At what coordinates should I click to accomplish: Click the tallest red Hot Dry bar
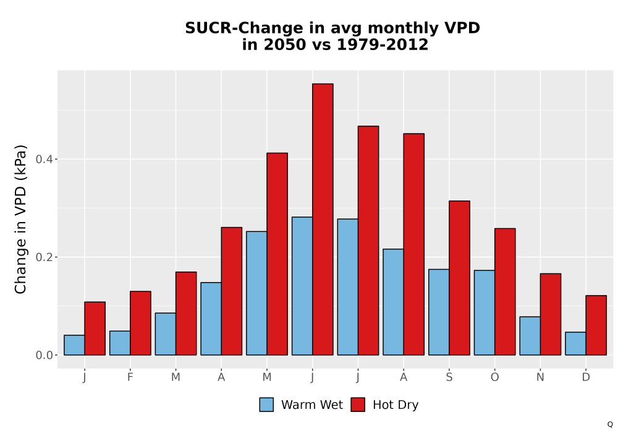[323, 219]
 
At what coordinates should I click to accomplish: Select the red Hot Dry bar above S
[460, 278]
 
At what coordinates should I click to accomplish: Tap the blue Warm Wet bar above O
[485, 313]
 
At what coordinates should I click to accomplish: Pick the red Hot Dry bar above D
[596, 325]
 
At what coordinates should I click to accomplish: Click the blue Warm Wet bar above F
[120, 343]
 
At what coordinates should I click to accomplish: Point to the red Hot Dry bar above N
[551, 314]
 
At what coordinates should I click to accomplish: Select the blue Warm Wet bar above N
[530, 336]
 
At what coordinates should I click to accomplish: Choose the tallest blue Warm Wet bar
[302, 286]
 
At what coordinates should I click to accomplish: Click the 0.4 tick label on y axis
[44, 160]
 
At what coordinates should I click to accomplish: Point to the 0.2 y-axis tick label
[44, 257]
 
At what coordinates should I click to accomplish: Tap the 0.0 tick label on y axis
[44, 355]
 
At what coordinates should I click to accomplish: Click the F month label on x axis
[130, 377]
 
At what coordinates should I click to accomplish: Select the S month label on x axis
[449, 377]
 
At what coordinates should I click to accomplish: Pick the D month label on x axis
[586, 377]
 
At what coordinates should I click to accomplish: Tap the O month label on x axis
[494, 377]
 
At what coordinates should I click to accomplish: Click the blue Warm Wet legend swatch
[266, 405]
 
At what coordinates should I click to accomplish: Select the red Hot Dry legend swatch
[358, 405]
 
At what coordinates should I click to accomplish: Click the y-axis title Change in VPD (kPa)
[20, 219]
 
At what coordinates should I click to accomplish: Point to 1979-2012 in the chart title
[383, 45]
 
